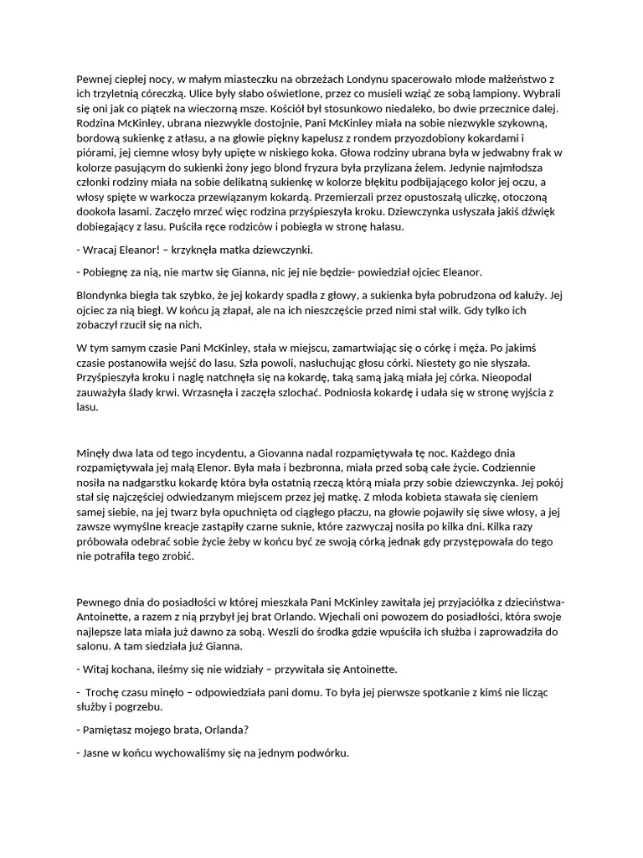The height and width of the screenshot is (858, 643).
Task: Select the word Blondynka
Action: click(105, 295)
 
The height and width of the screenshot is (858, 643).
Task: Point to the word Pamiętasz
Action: click(112, 730)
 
